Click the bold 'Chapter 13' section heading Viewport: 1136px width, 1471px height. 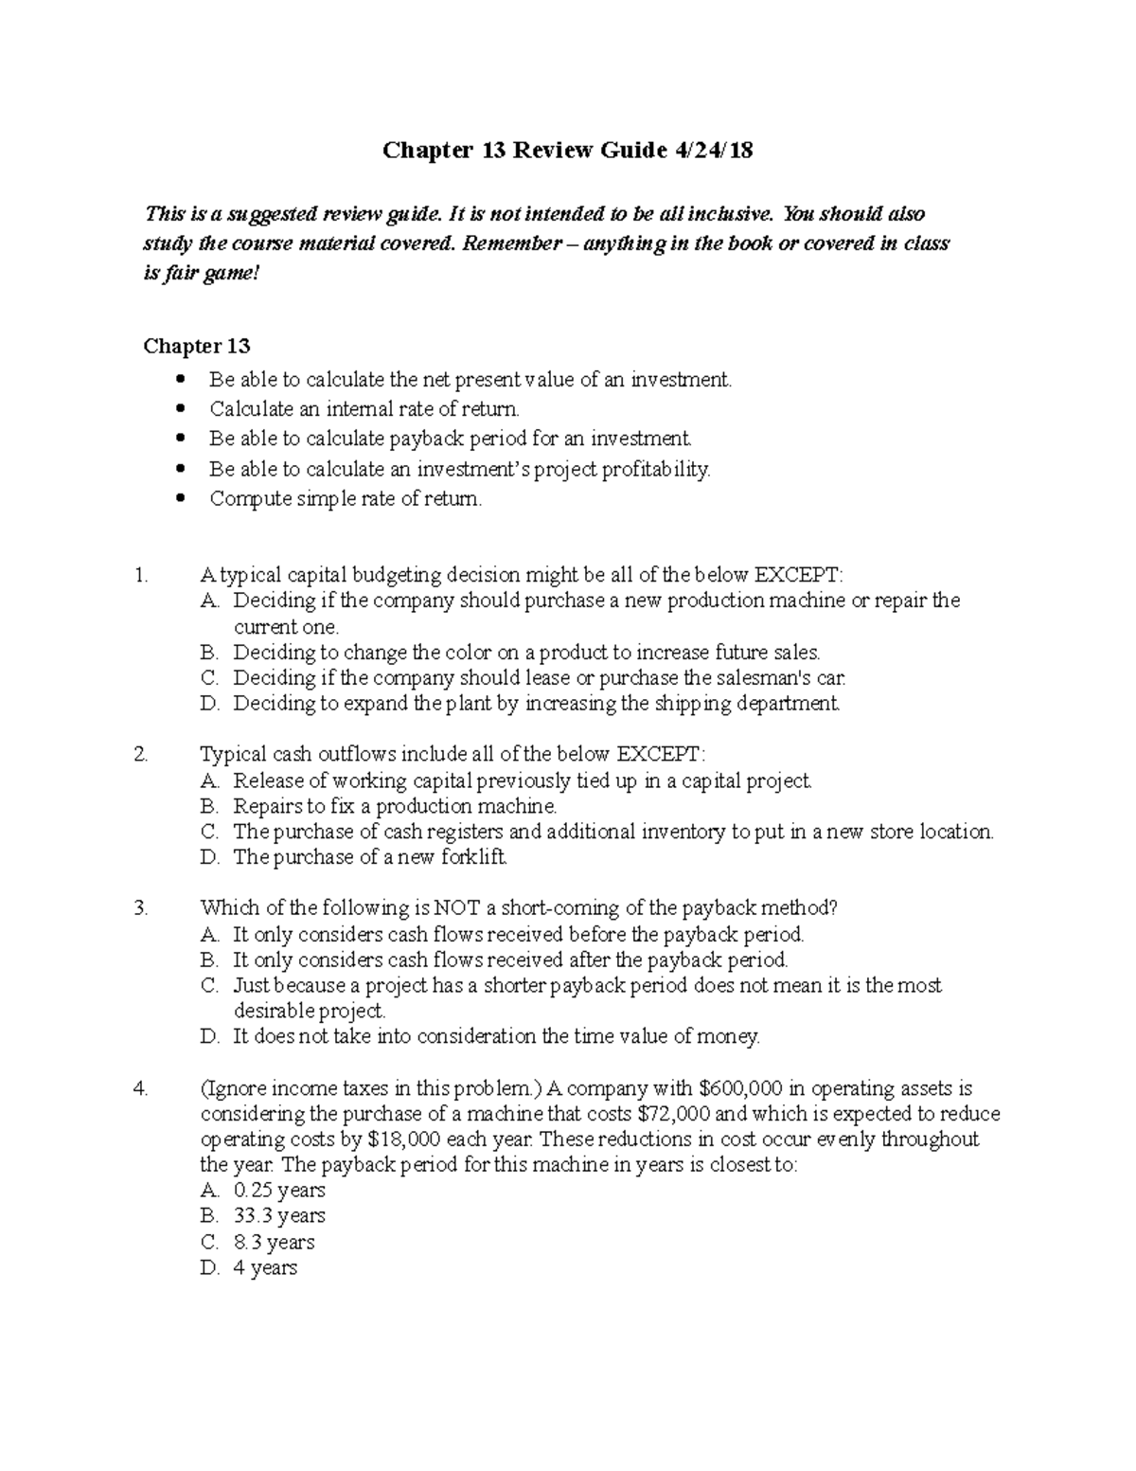point(196,346)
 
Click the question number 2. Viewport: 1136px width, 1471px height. point(141,755)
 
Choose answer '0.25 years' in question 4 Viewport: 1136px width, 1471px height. point(279,1191)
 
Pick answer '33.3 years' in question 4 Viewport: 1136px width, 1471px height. point(279,1216)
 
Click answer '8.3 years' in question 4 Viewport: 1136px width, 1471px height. point(274,1242)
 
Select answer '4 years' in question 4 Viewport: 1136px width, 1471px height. point(265,1267)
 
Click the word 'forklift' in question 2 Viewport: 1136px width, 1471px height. point(474,857)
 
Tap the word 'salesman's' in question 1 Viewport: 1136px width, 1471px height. point(766,678)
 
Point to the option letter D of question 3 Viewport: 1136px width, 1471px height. point(209,1037)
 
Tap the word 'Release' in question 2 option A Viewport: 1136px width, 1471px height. point(266,781)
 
